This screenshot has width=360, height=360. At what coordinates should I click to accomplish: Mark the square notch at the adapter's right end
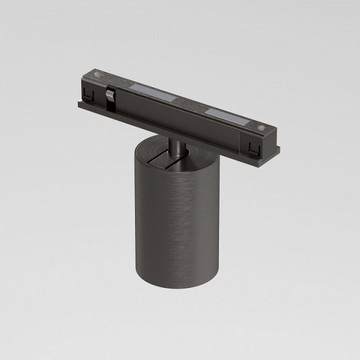coord(253,145)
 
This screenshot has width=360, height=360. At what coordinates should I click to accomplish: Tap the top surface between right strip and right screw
coord(251,122)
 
